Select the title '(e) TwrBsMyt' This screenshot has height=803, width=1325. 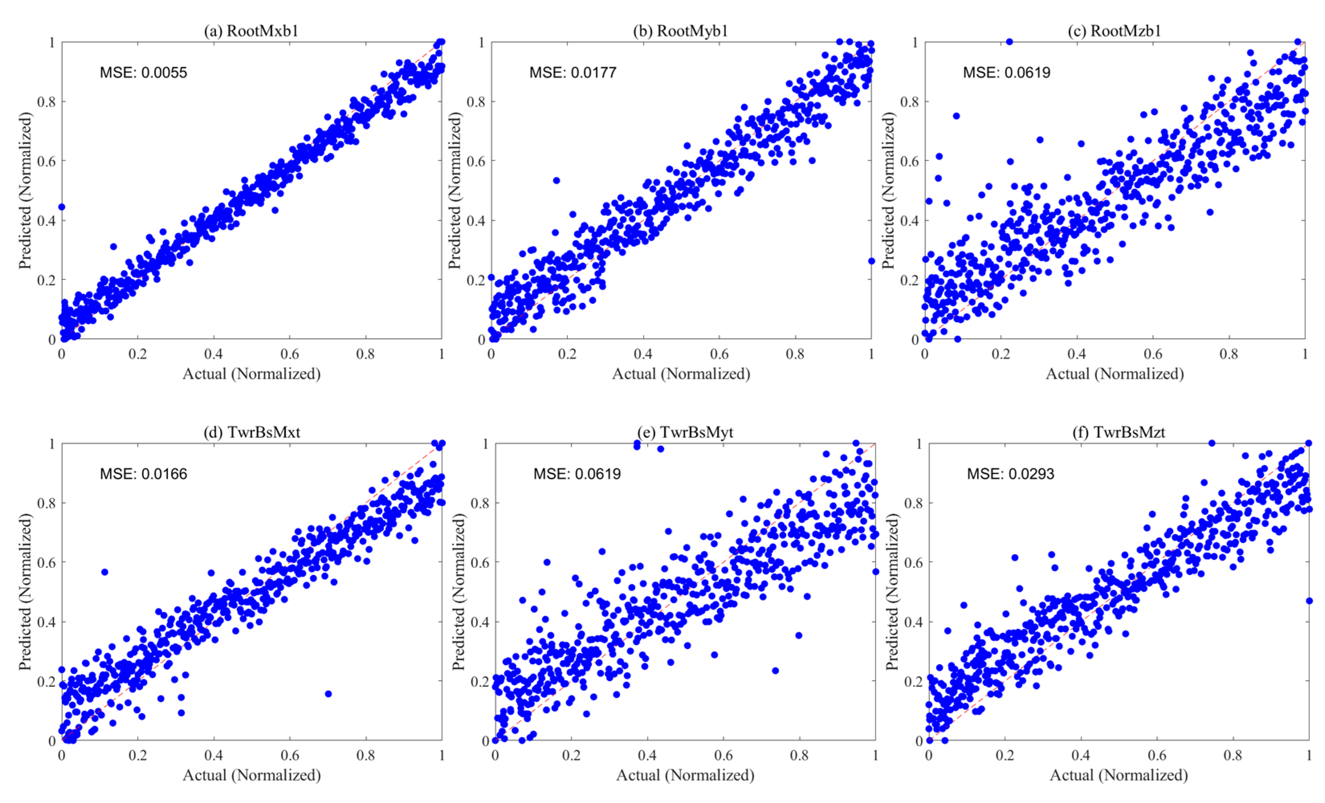[x=685, y=432]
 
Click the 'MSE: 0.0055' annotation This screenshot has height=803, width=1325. [x=144, y=73]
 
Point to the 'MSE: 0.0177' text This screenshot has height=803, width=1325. [x=573, y=73]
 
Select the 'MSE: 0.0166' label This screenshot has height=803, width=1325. [x=144, y=474]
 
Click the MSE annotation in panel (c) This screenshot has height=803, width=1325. [x=1007, y=73]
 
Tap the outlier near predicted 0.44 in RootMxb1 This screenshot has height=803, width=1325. [x=62, y=207]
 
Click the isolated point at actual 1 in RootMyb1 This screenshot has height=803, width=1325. [x=871, y=261]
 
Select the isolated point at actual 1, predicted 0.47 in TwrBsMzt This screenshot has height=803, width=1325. [x=1309, y=601]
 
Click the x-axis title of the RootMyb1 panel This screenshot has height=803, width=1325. [x=681, y=374]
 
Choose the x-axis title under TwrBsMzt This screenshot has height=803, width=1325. [x=1119, y=775]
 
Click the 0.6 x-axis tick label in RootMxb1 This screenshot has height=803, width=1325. [x=290, y=354]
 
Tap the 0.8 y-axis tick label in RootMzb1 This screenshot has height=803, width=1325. [x=909, y=102]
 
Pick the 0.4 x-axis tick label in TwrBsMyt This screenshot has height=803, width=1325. [x=647, y=756]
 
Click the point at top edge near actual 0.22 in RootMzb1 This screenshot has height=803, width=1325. [x=1010, y=42]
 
